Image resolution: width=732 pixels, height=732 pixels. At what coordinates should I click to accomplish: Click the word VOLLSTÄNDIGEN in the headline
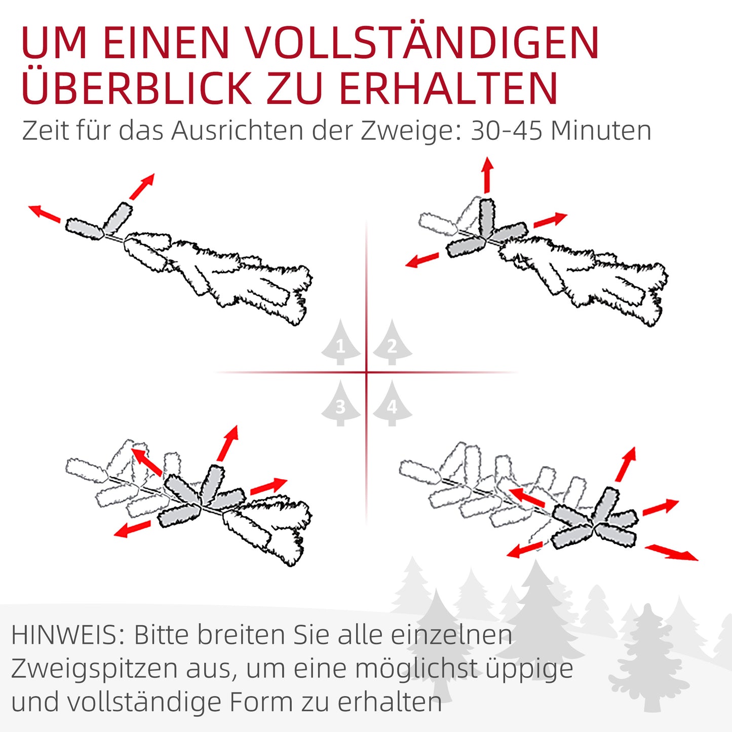(x=423, y=43)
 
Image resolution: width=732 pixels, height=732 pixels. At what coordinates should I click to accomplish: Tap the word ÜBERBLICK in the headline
(x=136, y=88)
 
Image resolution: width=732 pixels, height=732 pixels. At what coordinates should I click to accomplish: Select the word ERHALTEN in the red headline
(x=448, y=88)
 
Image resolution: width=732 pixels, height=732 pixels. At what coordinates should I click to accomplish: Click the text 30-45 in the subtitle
(x=506, y=131)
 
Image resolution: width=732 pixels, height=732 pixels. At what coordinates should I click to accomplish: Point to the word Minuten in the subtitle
(x=601, y=131)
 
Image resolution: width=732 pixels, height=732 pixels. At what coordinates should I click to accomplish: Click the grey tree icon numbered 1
(x=340, y=343)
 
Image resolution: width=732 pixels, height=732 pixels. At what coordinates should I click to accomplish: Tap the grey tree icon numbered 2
(x=392, y=343)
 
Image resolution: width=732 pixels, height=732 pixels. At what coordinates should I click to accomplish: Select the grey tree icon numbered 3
(x=340, y=404)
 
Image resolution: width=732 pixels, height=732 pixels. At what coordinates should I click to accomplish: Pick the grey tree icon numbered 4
(x=392, y=404)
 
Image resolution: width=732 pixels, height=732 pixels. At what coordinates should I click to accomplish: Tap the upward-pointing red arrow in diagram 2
(x=487, y=175)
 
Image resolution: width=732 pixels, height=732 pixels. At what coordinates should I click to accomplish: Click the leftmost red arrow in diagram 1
(x=44, y=213)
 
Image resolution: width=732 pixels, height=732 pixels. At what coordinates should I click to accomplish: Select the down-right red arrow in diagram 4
(x=671, y=553)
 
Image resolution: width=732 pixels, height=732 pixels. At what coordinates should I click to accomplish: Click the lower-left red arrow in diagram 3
(x=132, y=529)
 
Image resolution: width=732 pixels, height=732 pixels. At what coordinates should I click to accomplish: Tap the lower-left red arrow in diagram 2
(x=422, y=260)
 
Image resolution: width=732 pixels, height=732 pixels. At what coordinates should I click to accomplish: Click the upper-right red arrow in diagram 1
(x=142, y=186)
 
